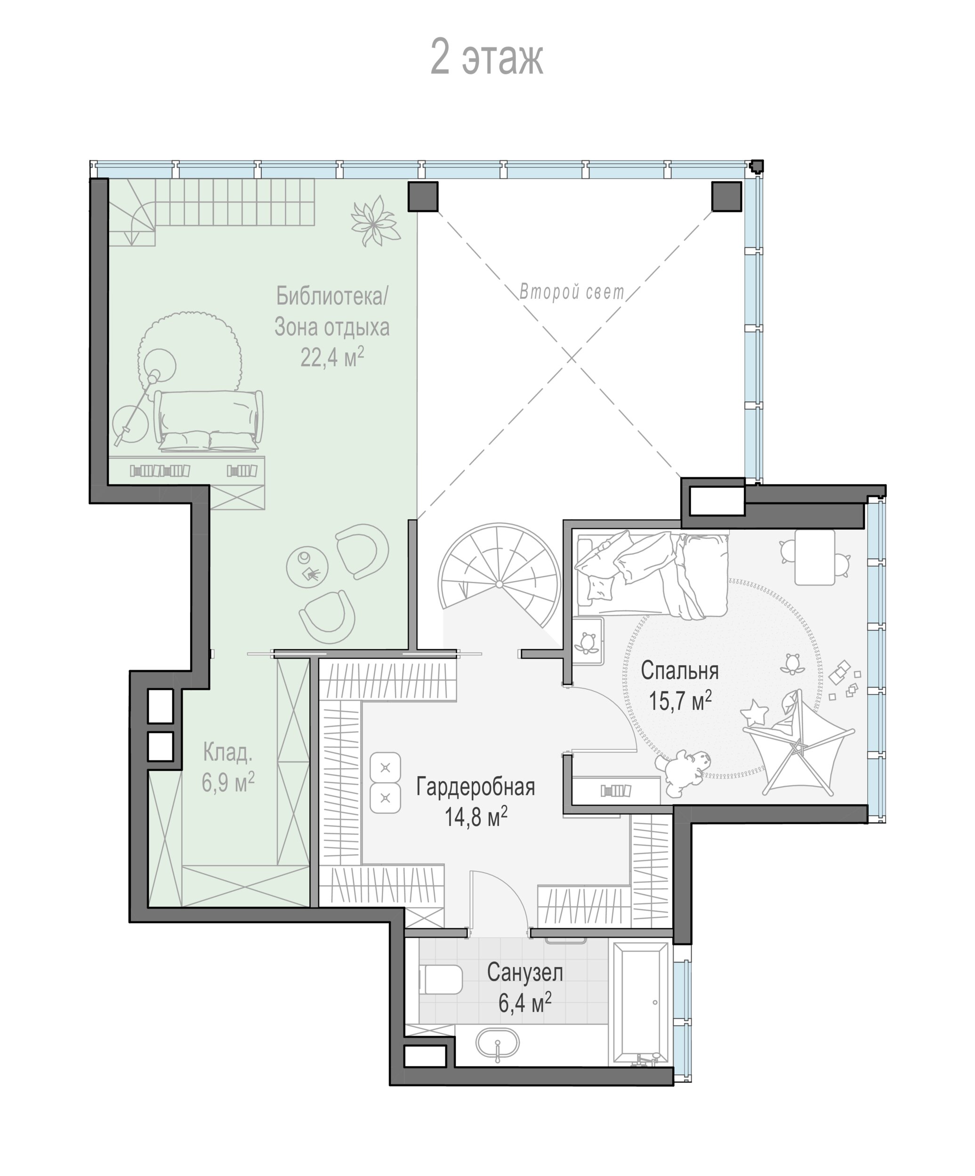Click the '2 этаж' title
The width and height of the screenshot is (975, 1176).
(486, 57)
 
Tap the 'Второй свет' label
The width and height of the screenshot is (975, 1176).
(571, 292)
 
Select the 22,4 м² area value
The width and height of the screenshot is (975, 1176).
(332, 357)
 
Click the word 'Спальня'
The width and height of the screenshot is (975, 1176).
(679, 670)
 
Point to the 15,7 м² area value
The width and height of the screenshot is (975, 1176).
(680, 700)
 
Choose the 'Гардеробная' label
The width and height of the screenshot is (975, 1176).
(475, 787)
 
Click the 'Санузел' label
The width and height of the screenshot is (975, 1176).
(524, 972)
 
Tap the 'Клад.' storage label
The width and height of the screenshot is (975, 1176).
(227, 752)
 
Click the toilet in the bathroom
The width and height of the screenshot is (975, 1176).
(441, 979)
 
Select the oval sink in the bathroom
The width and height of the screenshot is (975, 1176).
(498, 1043)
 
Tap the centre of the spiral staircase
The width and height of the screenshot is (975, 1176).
(499, 584)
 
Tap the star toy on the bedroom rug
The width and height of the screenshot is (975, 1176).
(754, 713)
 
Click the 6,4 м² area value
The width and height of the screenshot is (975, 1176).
(524, 1002)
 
